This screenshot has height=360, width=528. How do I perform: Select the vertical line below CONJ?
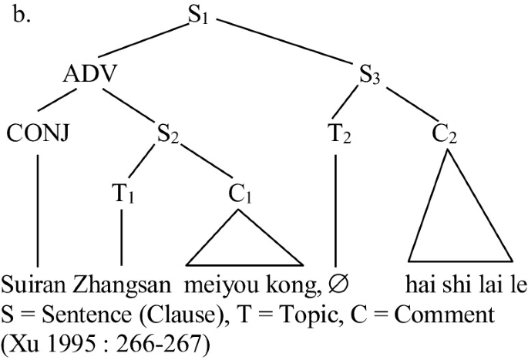pyautogui.click(x=38, y=208)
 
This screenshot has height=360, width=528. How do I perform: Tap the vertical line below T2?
pyautogui.click(x=336, y=208)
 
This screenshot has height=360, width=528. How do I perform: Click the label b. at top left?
pyautogui.click(x=22, y=15)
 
